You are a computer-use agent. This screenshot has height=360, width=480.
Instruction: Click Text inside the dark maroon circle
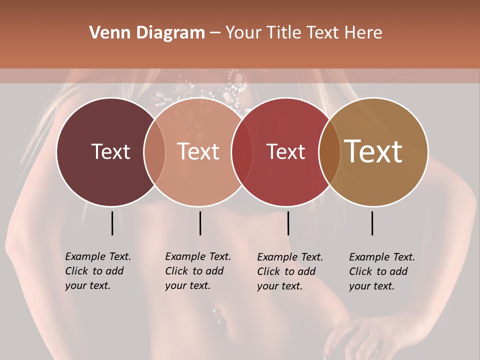(110, 151)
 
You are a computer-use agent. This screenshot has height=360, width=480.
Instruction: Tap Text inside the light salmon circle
(198, 151)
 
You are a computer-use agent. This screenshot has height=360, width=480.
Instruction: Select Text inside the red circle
(285, 151)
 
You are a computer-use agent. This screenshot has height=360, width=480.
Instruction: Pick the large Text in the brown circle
(373, 151)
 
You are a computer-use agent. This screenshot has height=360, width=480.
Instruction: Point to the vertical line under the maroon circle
(112, 223)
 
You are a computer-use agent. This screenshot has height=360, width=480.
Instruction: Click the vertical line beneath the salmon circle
(200, 223)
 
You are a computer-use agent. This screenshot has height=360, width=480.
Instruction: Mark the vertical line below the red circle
(288, 223)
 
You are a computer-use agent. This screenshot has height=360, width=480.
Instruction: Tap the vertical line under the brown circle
(372, 223)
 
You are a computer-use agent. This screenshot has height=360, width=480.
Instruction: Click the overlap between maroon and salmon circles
(154, 151)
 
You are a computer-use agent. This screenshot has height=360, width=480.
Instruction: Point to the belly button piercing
(217, 315)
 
